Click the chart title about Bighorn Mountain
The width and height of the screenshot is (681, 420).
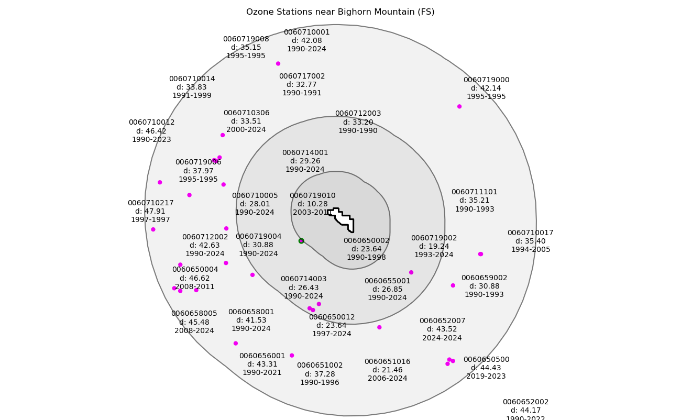pyautogui.click(x=340, y=12)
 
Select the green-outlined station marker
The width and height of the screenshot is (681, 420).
pyautogui.click(x=301, y=241)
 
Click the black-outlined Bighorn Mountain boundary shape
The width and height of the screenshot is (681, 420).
pyautogui.click(x=343, y=218)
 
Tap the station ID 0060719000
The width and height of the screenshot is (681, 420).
pyautogui.click(x=486, y=80)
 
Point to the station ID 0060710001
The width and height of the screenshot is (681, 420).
pyautogui.click(x=306, y=32)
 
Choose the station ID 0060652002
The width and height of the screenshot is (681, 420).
pyautogui.click(x=525, y=402)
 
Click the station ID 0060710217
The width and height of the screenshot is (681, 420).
pyautogui.click(x=150, y=203)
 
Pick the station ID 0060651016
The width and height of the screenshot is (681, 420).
pyautogui.click(x=387, y=362)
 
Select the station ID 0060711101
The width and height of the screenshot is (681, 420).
pyautogui.click(x=474, y=192)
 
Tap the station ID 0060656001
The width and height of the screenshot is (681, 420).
pyautogui.click(x=262, y=356)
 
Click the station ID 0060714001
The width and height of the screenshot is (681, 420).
pyautogui.click(x=305, y=153)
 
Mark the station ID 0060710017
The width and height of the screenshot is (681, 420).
pyautogui.click(x=530, y=233)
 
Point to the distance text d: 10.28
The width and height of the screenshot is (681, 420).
pyautogui.click(x=312, y=204)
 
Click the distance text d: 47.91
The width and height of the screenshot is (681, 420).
pyautogui.click(x=150, y=212)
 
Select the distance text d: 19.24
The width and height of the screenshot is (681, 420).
pyautogui.click(x=434, y=247)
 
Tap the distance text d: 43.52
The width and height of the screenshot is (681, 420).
pyautogui.click(x=442, y=329)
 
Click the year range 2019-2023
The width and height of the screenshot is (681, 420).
pyautogui.click(x=486, y=377)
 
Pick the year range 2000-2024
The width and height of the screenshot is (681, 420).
pyautogui.click(x=246, y=130)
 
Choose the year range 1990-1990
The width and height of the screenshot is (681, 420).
pyautogui.click(x=357, y=131)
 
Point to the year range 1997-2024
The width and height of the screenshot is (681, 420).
pyautogui.click(x=332, y=334)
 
